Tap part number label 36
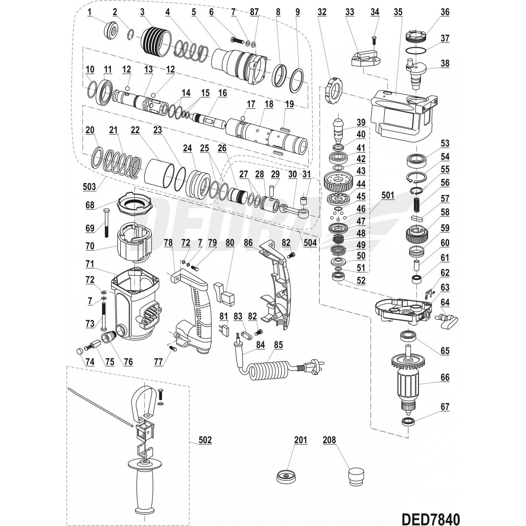[445, 12]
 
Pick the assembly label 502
[205, 440]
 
